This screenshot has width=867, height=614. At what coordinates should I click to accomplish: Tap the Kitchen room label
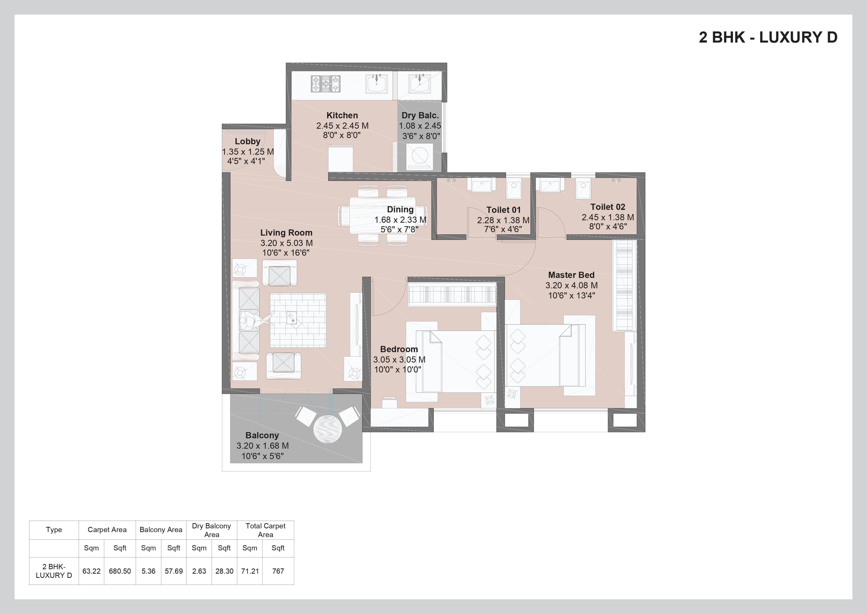342,115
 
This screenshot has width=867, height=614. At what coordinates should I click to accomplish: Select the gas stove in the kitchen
325,84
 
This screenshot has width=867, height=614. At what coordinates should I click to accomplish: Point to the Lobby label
247,141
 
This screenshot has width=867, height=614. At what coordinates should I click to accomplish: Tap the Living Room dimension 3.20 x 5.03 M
286,243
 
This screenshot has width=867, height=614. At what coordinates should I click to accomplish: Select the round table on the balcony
327,429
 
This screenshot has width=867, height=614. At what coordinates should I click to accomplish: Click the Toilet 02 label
607,207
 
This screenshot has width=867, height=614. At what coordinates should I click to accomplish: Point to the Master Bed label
571,275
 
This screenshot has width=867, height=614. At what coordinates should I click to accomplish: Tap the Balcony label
262,435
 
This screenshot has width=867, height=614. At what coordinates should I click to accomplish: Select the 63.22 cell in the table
91,571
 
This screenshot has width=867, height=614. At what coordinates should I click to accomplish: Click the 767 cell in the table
278,571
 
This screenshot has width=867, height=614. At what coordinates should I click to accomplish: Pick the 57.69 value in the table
174,571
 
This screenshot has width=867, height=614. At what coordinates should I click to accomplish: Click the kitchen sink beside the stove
376,84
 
